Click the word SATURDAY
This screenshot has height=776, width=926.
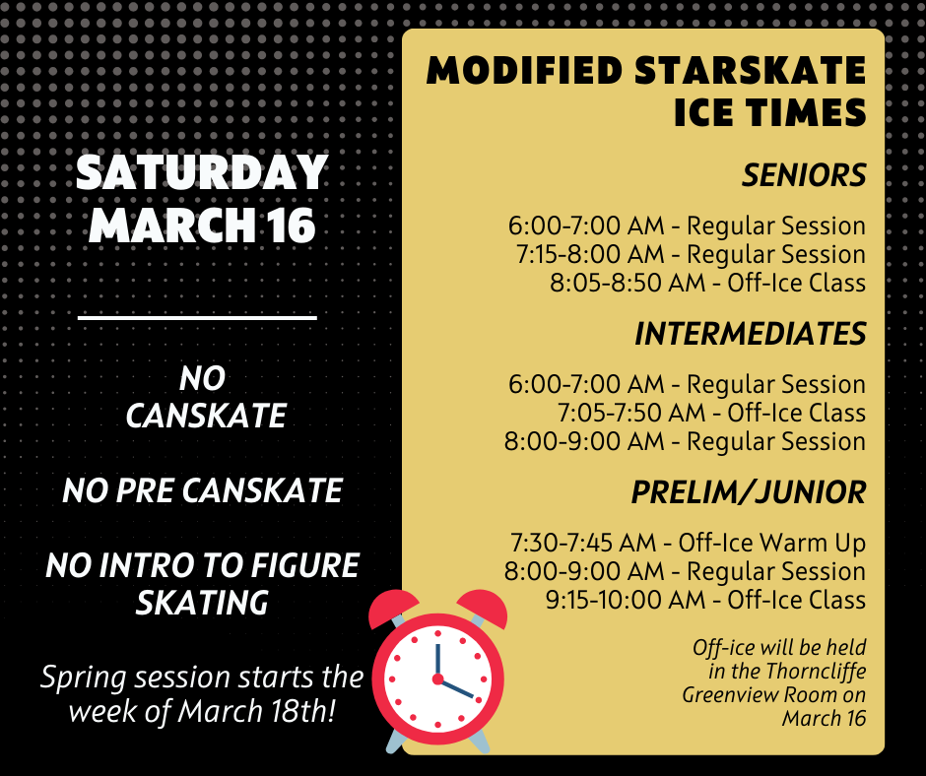[202, 172]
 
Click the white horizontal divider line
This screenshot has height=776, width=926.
[197, 318]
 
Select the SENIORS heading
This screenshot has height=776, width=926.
[804, 175]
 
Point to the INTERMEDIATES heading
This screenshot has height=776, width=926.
[750, 334]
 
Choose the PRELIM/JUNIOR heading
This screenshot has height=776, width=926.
[749, 492]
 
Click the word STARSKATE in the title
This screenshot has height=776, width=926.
[750, 70]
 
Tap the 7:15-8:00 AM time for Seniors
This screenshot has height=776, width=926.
[590, 254]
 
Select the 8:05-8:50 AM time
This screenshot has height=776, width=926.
[628, 283]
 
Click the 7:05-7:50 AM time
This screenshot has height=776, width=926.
[631, 413]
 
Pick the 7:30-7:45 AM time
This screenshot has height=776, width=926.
[583, 543]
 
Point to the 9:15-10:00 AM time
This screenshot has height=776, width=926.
[626, 600]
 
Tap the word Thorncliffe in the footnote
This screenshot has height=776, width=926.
[816, 671]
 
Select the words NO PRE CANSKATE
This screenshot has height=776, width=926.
[203, 490]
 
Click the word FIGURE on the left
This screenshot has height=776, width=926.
[304, 565]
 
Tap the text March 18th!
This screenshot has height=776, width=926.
[256, 710]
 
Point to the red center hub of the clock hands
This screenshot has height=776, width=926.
[437, 679]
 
